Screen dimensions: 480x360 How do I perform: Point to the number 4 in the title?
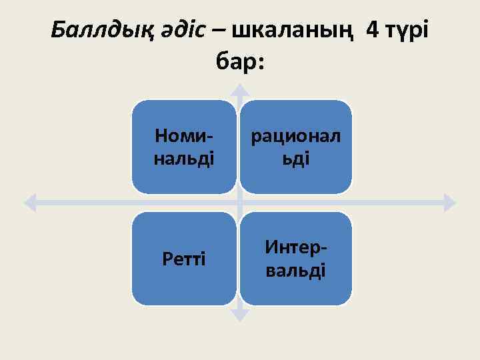click(371, 29)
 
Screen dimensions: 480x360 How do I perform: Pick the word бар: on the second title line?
click(240, 62)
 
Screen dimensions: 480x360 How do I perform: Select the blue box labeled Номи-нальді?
click(184, 147)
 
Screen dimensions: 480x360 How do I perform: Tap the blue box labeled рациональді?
click(295, 147)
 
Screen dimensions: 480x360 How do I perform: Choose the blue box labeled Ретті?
click(184, 259)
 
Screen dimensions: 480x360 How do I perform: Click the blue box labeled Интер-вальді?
click(295, 259)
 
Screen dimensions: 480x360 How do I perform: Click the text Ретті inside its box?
click(184, 259)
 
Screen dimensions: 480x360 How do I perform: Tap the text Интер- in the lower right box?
click(295, 248)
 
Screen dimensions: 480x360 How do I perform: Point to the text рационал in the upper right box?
click(295, 136)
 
